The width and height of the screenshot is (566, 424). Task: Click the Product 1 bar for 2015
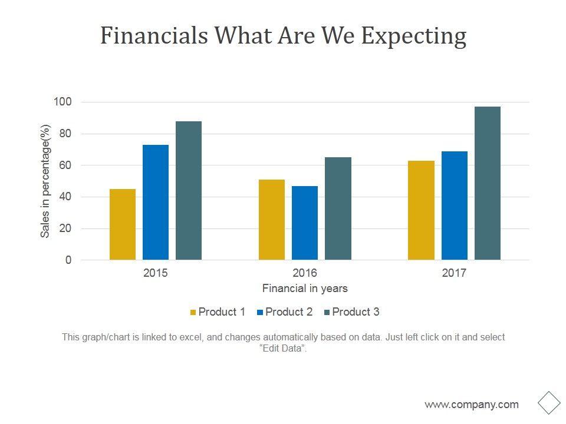123,224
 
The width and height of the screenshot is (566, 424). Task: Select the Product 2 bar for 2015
156,202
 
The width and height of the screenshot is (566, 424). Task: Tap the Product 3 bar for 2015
189,190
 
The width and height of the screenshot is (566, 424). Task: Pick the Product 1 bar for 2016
272,220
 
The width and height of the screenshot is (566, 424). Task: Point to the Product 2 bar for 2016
305,223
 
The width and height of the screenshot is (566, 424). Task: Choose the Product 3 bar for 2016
338,208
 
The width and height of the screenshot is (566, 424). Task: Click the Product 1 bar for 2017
421,210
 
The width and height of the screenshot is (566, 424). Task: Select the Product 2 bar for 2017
455,206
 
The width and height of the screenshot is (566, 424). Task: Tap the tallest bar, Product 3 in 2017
488,183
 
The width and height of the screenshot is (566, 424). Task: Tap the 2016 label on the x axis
305,273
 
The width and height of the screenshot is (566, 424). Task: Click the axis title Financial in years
305,289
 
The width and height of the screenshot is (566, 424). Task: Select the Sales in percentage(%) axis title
45,181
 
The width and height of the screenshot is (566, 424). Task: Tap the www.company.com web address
472,405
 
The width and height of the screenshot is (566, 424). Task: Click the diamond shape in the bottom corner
549,403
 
